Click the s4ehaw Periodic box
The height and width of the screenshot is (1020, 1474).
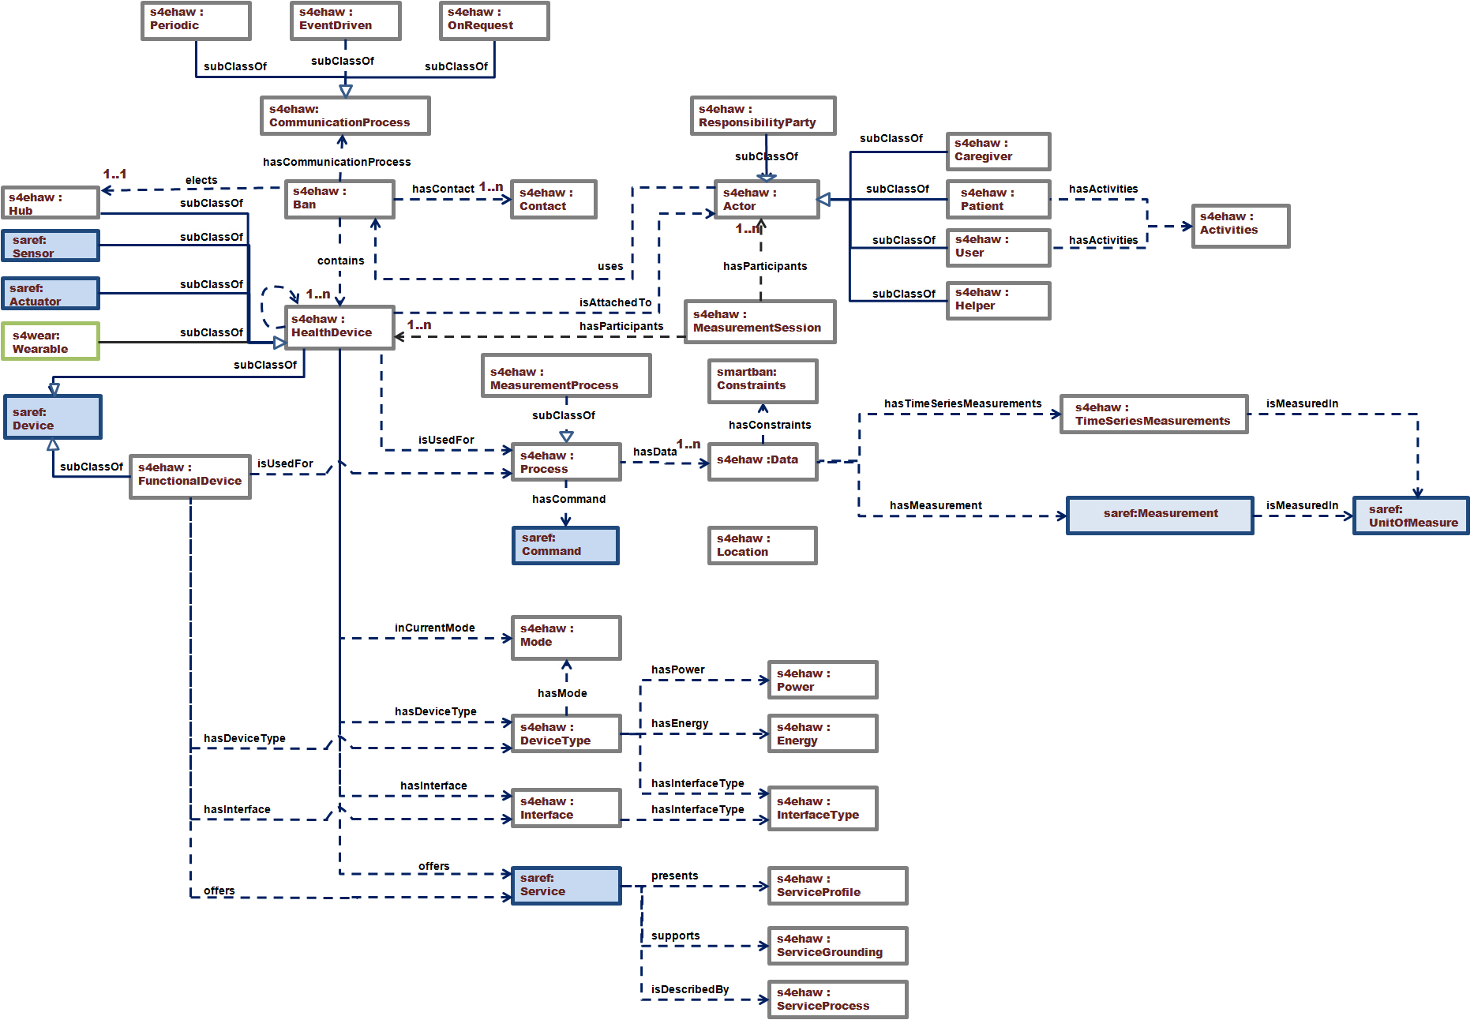click(x=196, y=21)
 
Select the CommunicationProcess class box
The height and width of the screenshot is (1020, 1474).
click(x=345, y=116)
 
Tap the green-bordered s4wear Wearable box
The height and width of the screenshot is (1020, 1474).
click(x=51, y=342)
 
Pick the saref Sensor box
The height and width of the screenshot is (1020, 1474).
click(x=51, y=246)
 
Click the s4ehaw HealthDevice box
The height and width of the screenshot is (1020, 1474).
click(x=339, y=327)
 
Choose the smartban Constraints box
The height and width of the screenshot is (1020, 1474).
click(x=762, y=381)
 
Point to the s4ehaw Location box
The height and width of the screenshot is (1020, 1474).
click(x=762, y=546)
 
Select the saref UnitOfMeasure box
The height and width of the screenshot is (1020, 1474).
click(x=1411, y=516)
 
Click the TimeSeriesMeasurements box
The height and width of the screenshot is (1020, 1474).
click(x=1153, y=414)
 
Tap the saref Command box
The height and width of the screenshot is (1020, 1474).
click(x=565, y=546)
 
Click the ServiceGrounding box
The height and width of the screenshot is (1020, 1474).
click(x=837, y=946)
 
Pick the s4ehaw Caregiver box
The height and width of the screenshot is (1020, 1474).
click(x=998, y=151)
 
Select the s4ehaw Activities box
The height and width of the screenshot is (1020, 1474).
click(x=1240, y=226)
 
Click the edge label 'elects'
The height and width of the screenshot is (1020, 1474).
click(x=201, y=180)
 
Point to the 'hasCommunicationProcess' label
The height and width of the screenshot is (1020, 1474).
click(x=337, y=162)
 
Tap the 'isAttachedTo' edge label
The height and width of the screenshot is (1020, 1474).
click(x=616, y=302)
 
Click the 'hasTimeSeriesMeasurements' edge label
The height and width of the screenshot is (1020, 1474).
click(x=962, y=403)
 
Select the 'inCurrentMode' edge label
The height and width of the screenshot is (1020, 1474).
click(x=435, y=628)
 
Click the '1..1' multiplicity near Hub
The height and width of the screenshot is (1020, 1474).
click(x=114, y=174)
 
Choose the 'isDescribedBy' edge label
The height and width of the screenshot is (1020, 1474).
click(x=690, y=989)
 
